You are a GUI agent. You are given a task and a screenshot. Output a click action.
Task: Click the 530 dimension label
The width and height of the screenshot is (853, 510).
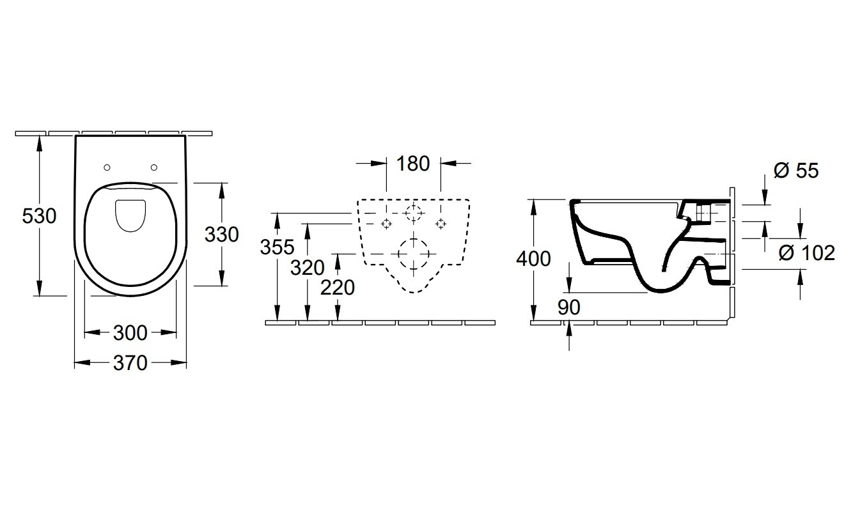tap(39, 216)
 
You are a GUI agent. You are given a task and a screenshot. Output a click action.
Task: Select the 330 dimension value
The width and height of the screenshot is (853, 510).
tap(222, 235)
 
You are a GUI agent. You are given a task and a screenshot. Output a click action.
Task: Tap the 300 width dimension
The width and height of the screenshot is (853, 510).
tap(130, 333)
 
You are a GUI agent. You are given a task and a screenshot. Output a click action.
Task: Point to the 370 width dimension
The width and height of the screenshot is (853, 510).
tap(130, 363)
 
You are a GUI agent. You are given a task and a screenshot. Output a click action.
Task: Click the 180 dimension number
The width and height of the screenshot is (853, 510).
tap(413, 164)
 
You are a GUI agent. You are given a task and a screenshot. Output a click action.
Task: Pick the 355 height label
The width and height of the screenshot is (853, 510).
tap(278, 247)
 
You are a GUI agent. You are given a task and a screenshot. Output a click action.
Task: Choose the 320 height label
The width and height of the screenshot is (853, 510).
tap(308, 268)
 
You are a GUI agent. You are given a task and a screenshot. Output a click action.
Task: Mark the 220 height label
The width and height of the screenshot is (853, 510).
tap(338, 288)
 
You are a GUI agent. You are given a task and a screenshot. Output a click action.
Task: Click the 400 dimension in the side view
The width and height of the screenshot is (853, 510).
tap(533, 259)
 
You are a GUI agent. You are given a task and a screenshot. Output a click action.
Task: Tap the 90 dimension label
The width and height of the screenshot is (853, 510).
tap(569, 307)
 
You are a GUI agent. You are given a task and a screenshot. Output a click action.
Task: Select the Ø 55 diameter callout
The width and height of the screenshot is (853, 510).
tap(796, 171)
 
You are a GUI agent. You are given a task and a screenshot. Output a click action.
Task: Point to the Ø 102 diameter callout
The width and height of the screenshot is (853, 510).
tap(806, 253)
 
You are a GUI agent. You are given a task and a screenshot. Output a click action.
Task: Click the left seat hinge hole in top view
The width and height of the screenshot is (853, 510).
tap(107, 167)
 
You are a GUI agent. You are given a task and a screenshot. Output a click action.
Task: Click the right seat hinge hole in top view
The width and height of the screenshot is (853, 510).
tap(154, 167)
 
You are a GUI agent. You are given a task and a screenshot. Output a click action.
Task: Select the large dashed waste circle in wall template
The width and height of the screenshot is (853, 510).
tap(413, 238)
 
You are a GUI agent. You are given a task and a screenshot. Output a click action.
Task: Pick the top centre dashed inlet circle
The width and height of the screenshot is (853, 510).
tap(413, 206)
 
